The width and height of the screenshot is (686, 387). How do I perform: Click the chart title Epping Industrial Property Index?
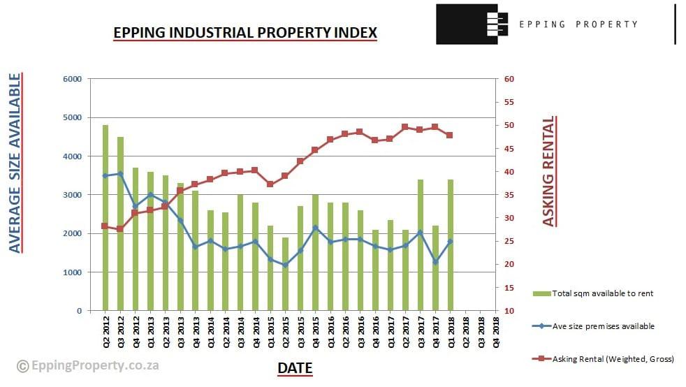point(245,32)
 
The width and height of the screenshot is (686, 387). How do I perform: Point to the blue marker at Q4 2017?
point(435,262)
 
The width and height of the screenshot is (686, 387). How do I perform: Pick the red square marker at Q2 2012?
point(105,226)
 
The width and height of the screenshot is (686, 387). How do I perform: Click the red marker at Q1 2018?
point(450,135)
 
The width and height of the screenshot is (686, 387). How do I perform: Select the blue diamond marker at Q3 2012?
point(121,174)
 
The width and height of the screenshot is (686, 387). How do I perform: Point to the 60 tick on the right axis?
point(509,79)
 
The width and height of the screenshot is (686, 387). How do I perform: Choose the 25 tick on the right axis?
point(509,242)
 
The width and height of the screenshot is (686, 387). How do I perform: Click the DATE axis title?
point(295,368)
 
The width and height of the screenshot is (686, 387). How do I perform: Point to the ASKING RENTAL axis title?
point(549,171)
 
